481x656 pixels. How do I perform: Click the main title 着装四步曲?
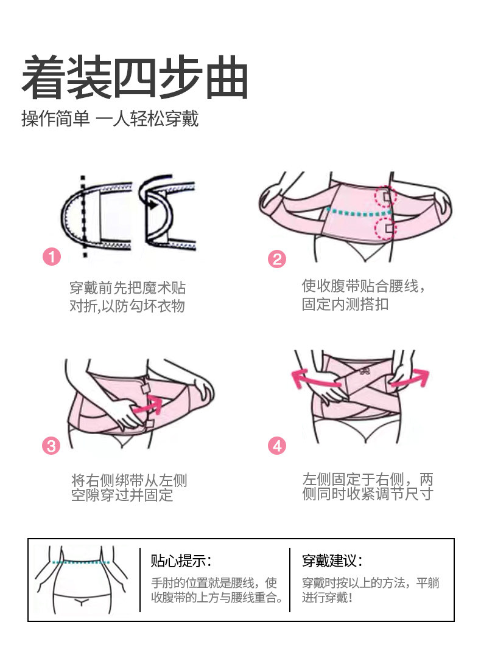135,78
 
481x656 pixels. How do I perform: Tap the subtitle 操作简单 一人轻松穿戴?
110,119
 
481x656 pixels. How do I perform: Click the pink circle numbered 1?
52,257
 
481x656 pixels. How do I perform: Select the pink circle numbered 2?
277,260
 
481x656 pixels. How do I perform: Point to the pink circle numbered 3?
51,446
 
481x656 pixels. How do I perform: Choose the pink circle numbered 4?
277,446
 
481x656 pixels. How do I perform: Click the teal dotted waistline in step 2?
359,213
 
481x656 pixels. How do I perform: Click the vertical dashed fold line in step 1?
84,216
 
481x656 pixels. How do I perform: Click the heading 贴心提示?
181,561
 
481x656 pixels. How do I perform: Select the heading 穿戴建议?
332,561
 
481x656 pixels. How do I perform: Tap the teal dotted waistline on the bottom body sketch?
81,562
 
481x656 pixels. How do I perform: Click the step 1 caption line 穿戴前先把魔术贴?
128,288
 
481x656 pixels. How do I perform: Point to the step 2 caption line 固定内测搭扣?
345,304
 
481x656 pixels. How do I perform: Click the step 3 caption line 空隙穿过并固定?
122,495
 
